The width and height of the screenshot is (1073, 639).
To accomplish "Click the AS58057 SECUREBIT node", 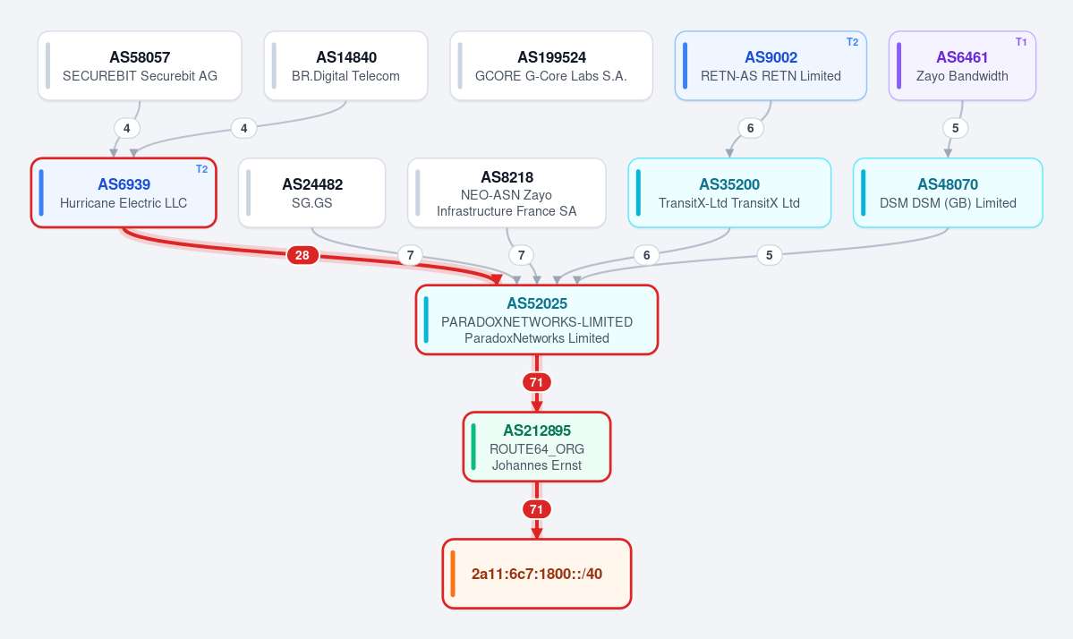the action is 140,65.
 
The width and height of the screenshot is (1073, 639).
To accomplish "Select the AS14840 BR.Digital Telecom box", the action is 345,65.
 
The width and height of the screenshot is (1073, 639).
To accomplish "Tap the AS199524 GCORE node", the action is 551,65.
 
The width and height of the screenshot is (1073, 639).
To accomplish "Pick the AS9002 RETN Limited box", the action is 771,65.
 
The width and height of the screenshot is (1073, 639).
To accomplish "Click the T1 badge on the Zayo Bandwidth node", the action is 1021,42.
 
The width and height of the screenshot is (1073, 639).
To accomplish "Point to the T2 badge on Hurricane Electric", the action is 202,169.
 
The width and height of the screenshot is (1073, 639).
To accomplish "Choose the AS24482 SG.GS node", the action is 312,193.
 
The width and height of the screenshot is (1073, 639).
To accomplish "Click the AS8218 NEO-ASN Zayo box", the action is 507,193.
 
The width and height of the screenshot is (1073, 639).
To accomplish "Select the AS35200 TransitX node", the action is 729,193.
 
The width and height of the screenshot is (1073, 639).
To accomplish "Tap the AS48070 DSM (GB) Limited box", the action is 948,193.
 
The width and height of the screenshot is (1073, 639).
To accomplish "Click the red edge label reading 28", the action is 302,255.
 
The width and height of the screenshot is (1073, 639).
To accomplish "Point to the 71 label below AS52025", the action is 537,382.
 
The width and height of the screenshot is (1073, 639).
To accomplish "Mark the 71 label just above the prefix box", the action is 537,510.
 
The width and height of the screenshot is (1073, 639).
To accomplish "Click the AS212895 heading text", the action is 537,430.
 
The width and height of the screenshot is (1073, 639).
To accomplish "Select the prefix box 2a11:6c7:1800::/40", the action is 537,574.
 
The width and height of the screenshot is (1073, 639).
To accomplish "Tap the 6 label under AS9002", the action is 751,128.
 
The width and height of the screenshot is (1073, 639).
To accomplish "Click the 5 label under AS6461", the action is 955,128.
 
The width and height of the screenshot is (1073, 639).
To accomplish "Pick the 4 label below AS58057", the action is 126,128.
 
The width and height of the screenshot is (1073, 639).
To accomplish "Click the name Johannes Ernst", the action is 537,465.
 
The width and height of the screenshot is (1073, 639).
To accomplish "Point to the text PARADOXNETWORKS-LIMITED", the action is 537,321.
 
